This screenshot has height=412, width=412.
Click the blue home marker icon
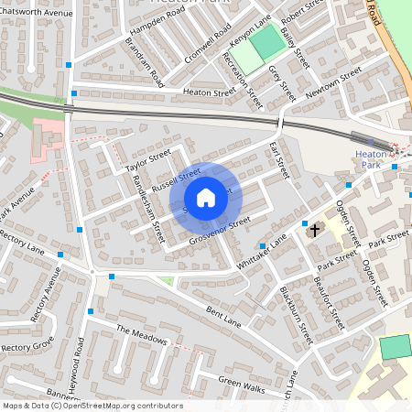[x=206, y=198]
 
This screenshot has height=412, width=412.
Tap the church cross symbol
[x=316, y=230]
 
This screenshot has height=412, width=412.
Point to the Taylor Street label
[x=148, y=162]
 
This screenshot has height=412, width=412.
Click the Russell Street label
[x=176, y=179]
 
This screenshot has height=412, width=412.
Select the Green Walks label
[x=241, y=384]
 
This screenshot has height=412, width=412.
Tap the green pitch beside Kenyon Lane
[x=267, y=43]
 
